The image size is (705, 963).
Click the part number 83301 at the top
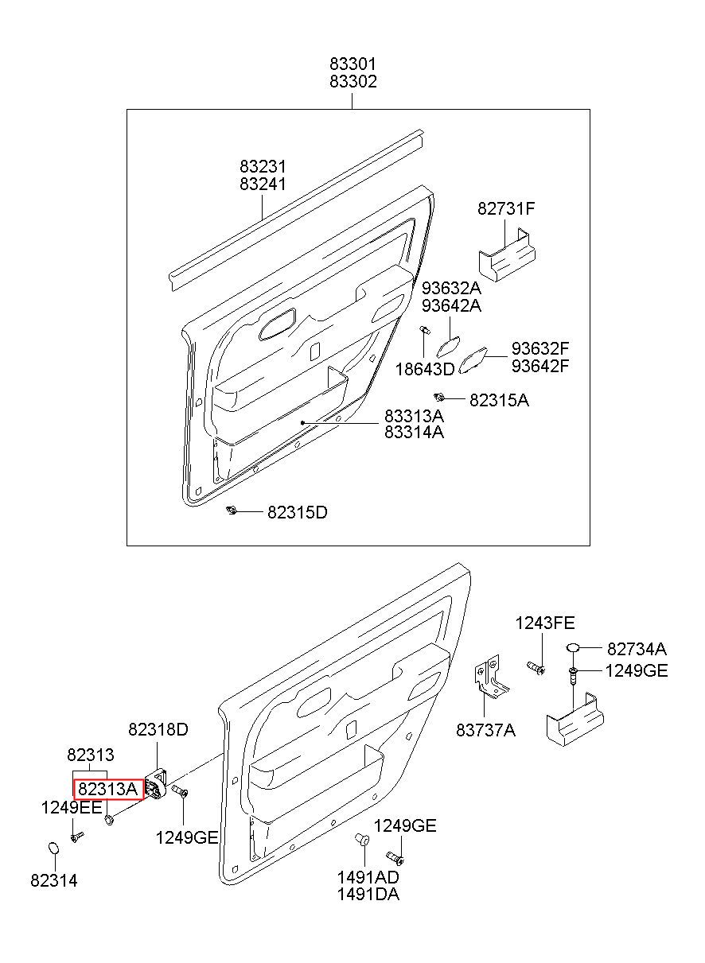[x=352, y=64]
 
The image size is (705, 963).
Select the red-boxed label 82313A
[x=108, y=790]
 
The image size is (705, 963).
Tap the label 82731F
[x=506, y=208]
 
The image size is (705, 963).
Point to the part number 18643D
[x=425, y=369]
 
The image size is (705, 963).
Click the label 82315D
[x=298, y=512]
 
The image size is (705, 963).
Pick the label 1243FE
[x=544, y=623]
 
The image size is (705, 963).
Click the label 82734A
[x=637, y=661]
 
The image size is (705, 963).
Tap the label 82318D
[x=158, y=729]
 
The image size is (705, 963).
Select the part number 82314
[x=54, y=880]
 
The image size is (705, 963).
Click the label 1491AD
[x=368, y=876]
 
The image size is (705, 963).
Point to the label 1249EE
[x=72, y=808]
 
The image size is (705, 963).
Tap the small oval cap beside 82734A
[x=573, y=659]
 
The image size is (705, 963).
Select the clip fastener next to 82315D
[x=232, y=511]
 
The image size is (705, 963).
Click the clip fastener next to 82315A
[x=439, y=398]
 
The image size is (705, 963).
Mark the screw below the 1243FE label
[x=536, y=667]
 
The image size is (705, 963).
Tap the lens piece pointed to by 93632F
[x=473, y=359]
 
